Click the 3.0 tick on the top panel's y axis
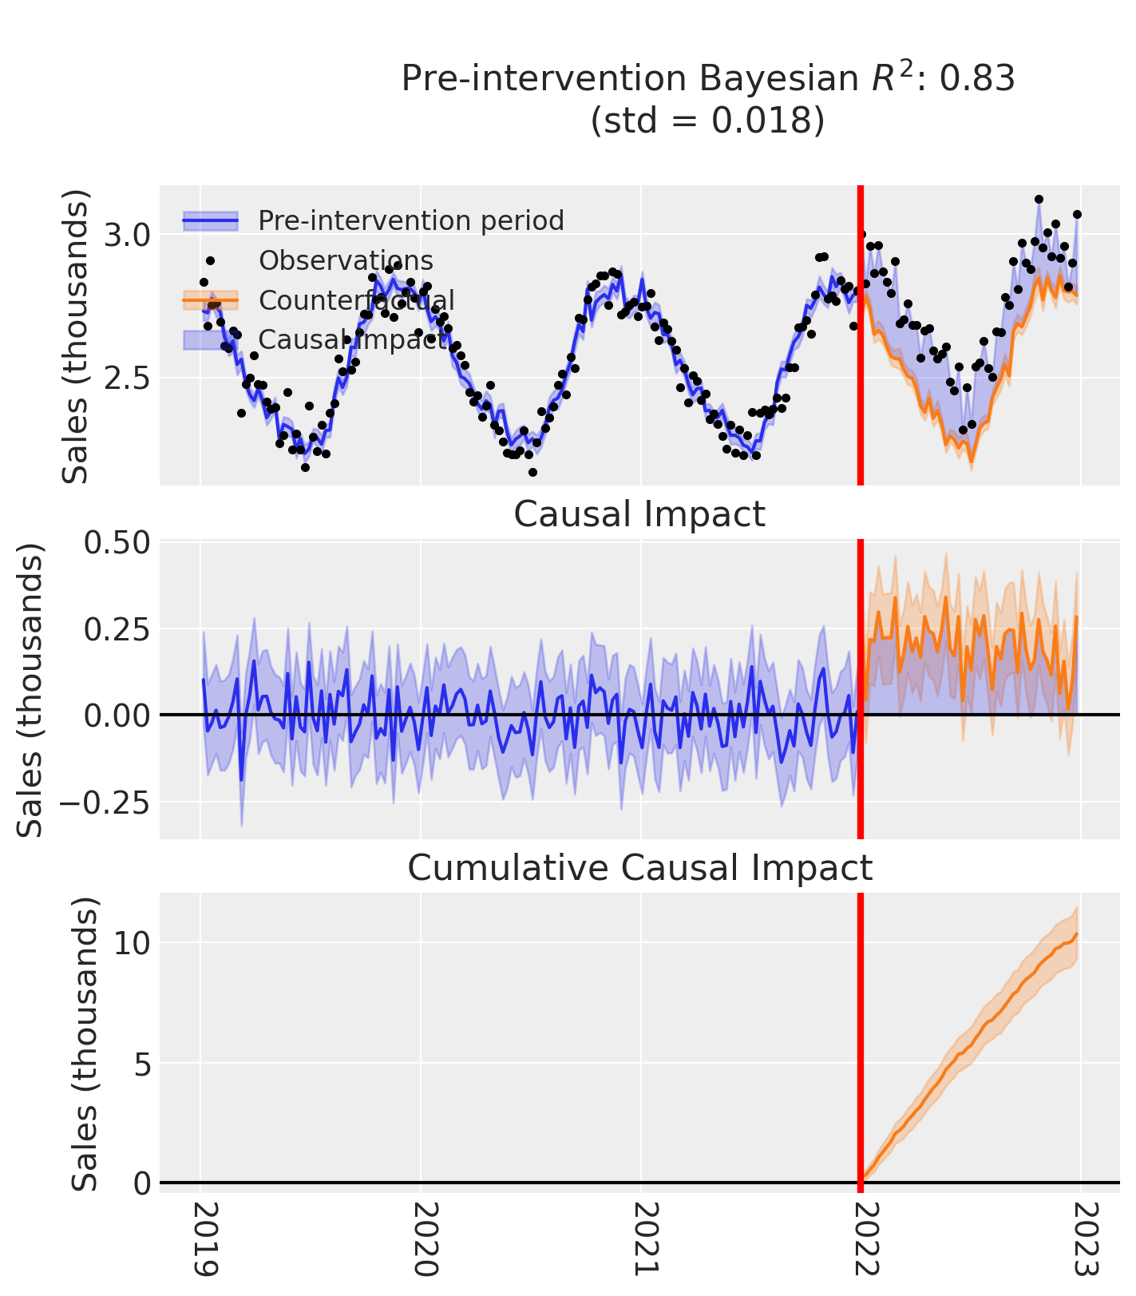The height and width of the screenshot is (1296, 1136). pos(127,235)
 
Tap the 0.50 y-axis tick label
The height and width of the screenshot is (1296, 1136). pos(116,542)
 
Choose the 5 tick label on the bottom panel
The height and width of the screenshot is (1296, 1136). pos(142,1063)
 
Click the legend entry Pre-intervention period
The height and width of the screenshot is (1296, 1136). pos(410,220)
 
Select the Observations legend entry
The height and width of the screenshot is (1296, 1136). pos(346,260)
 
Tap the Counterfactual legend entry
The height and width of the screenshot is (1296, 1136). pos(356,300)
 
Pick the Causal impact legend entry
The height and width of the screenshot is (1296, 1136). pos(352,339)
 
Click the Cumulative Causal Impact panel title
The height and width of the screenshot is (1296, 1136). pos(640,868)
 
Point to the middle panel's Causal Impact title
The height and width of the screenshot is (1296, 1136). pos(639,514)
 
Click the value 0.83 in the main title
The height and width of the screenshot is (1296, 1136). pos(977,79)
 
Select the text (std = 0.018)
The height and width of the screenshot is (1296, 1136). pos(707,121)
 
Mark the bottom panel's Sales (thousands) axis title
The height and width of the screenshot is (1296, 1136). pos(85,1044)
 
